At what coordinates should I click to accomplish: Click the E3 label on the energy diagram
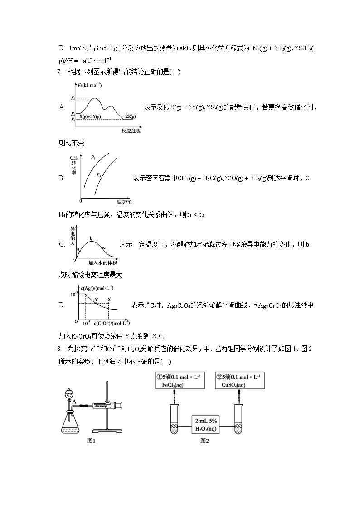tap(73, 98)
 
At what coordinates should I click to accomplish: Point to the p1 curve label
tap(93, 157)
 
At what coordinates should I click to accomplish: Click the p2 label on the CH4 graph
tap(99, 174)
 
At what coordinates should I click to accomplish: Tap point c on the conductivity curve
tap(104, 247)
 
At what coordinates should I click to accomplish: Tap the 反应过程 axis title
tap(131, 131)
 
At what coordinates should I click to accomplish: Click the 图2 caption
tap(204, 441)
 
